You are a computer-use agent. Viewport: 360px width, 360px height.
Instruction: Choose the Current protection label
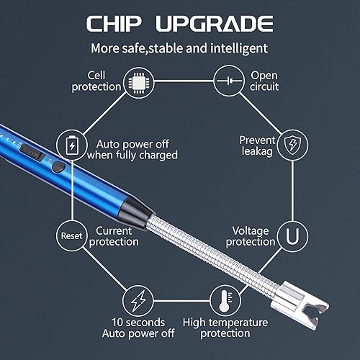click(113, 236)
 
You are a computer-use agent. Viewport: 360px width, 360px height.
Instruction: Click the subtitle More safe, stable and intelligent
click(179, 49)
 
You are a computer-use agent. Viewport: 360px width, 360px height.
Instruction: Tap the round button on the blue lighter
click(58, 166)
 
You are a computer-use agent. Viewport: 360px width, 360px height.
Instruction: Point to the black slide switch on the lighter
click(31, 152)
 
